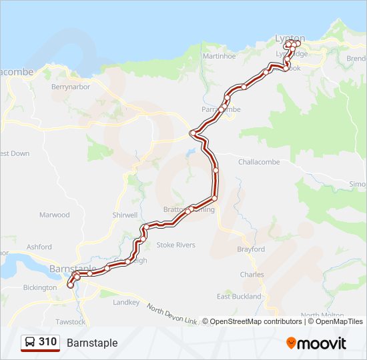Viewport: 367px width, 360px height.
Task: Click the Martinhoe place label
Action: pyautogui.click(x=220, y=57)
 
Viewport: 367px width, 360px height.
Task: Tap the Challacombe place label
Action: pyautogui.click(x=260, y=161)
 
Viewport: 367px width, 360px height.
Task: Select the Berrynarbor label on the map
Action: pyautogui.click(x=70, y=87)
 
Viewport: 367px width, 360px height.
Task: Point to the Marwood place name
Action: pyautogui.click(x=54, y=215)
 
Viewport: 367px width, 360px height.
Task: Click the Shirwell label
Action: pyautogui.click(x=125, y=215)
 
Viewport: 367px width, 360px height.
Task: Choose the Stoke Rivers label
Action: pyautogui.click(x=175, y=245)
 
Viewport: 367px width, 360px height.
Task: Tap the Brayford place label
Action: pyautogui.click(x=251, y=249)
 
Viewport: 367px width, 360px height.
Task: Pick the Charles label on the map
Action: pyautogui.click(x=252, y=275)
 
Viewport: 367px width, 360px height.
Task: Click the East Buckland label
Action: pyautogui.click(x=239, y=297)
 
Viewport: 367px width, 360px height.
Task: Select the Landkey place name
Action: pyautogui.click(x=126, y=303)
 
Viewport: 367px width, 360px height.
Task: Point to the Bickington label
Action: pyautogui.click(x=40, y=288)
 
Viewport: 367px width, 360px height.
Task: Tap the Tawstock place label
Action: pyautogui.click(x=71, y=322)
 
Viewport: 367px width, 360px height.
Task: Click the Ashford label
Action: pyautogui.click(x=39, y=247)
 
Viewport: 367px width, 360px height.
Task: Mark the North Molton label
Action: pyautogui.click(x=322, y=315)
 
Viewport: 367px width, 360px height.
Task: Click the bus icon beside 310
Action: pyautogui.click(x=30, y=343)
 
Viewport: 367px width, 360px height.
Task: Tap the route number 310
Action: pyautogui.click(x=47, y=342)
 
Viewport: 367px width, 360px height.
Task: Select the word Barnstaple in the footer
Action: pyautogui.click(x=92, y=343)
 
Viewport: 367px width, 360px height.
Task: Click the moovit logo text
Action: pyautogui.click(x=323, y=343)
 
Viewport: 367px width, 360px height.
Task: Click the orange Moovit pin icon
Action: pyautogui.click(x=292, y=343)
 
